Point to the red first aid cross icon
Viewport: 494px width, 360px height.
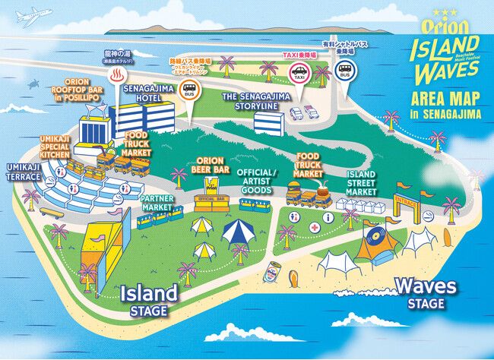pos(313,226)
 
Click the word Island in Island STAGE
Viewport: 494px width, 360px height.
pos(148,292)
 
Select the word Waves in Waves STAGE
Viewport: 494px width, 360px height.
pos(426,286)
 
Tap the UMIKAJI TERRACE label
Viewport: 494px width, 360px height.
pos(24,171)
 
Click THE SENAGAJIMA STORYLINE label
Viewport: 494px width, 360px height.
pos(251,102)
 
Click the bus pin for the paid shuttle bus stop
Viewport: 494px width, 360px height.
pos(344,73)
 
